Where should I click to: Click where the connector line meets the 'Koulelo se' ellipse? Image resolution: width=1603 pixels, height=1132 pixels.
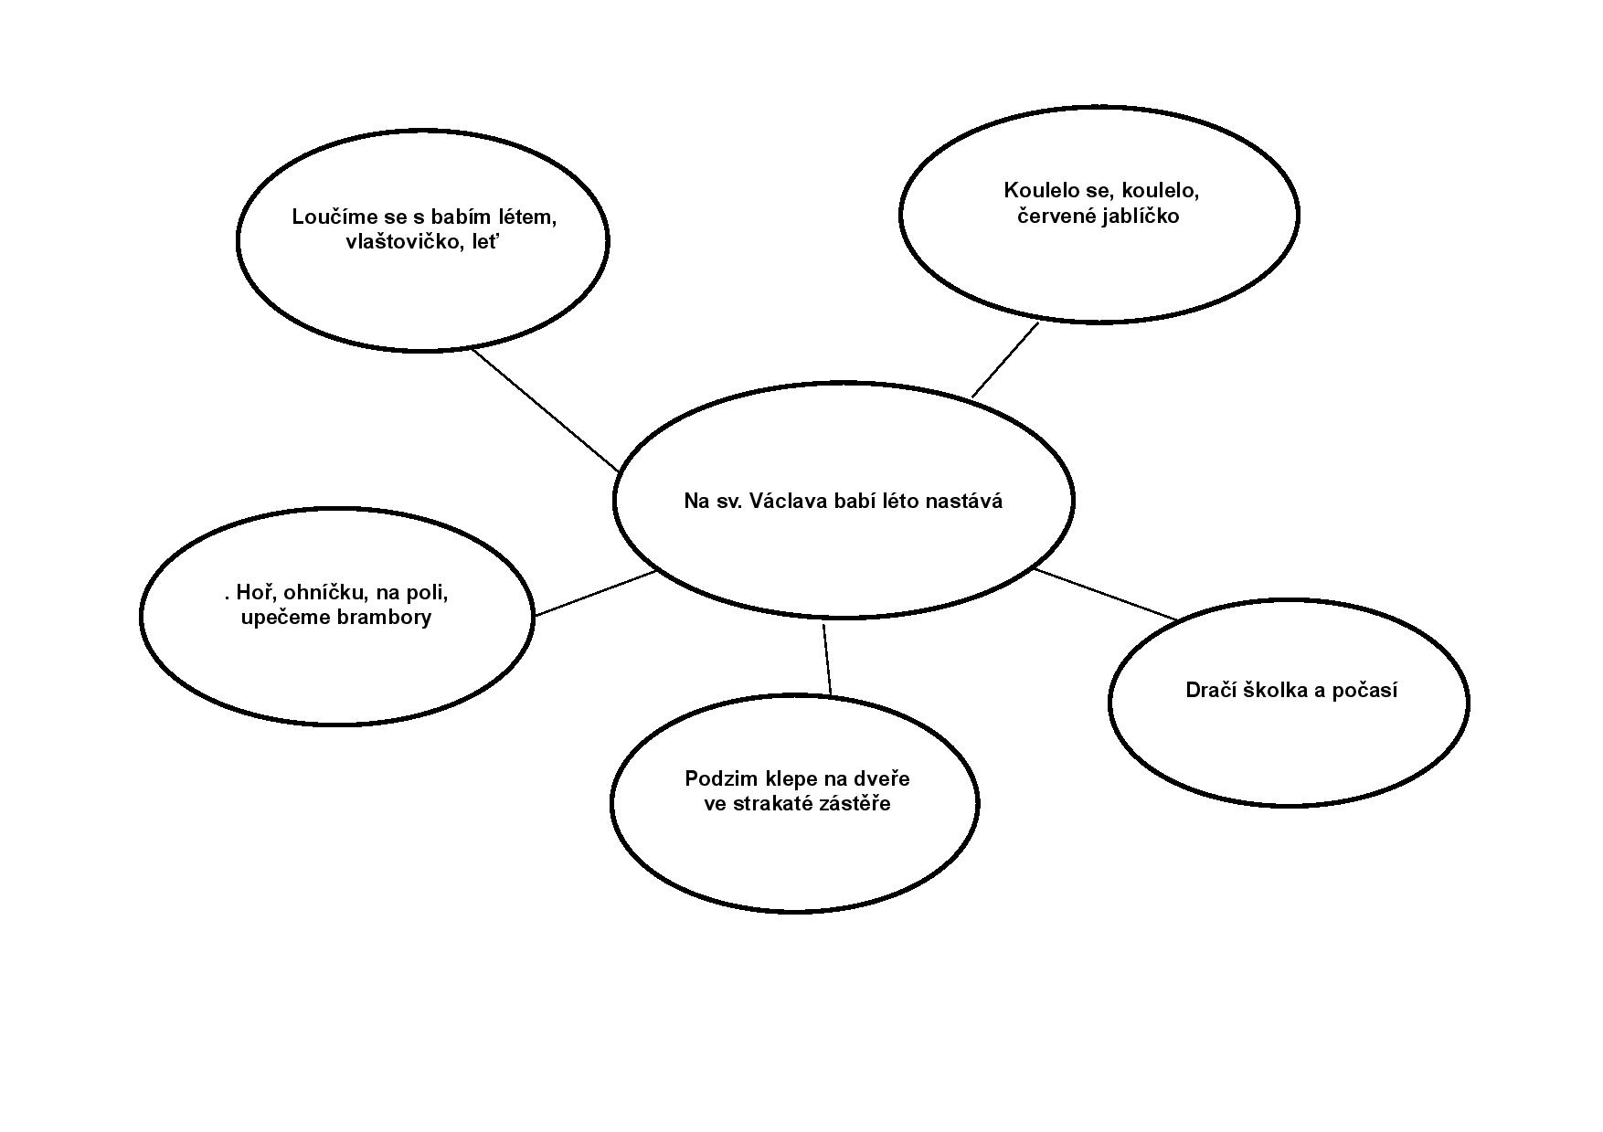click(x=1039, y=322)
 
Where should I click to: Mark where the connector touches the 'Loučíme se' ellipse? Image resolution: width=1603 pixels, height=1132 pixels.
click(x=472, y=349)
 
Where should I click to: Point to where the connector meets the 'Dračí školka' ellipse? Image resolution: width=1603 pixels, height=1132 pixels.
click(x=1177, y=620)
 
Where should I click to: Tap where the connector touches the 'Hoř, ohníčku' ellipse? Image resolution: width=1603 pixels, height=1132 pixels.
click(x=534, y=616)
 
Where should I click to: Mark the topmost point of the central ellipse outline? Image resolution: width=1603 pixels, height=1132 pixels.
click(x=843, y=384)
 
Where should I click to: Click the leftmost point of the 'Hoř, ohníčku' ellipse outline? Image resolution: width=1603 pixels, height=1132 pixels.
click(x=143, y=616)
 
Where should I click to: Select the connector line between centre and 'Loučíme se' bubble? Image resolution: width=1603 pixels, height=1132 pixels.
click(x=546, y=410)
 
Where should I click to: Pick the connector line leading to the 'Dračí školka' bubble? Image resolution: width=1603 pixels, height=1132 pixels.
click(x=1106, y=595)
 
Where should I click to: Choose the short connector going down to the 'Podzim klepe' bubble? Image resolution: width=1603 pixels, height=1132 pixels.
click(x=827, y=659)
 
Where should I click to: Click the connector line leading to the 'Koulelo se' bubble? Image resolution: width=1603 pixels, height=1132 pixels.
click(x=1005, y=360)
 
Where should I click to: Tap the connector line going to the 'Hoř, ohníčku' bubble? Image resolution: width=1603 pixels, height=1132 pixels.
click(x=595, y=593)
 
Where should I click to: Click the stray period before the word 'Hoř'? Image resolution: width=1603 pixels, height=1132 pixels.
click(x=226, y=598)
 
